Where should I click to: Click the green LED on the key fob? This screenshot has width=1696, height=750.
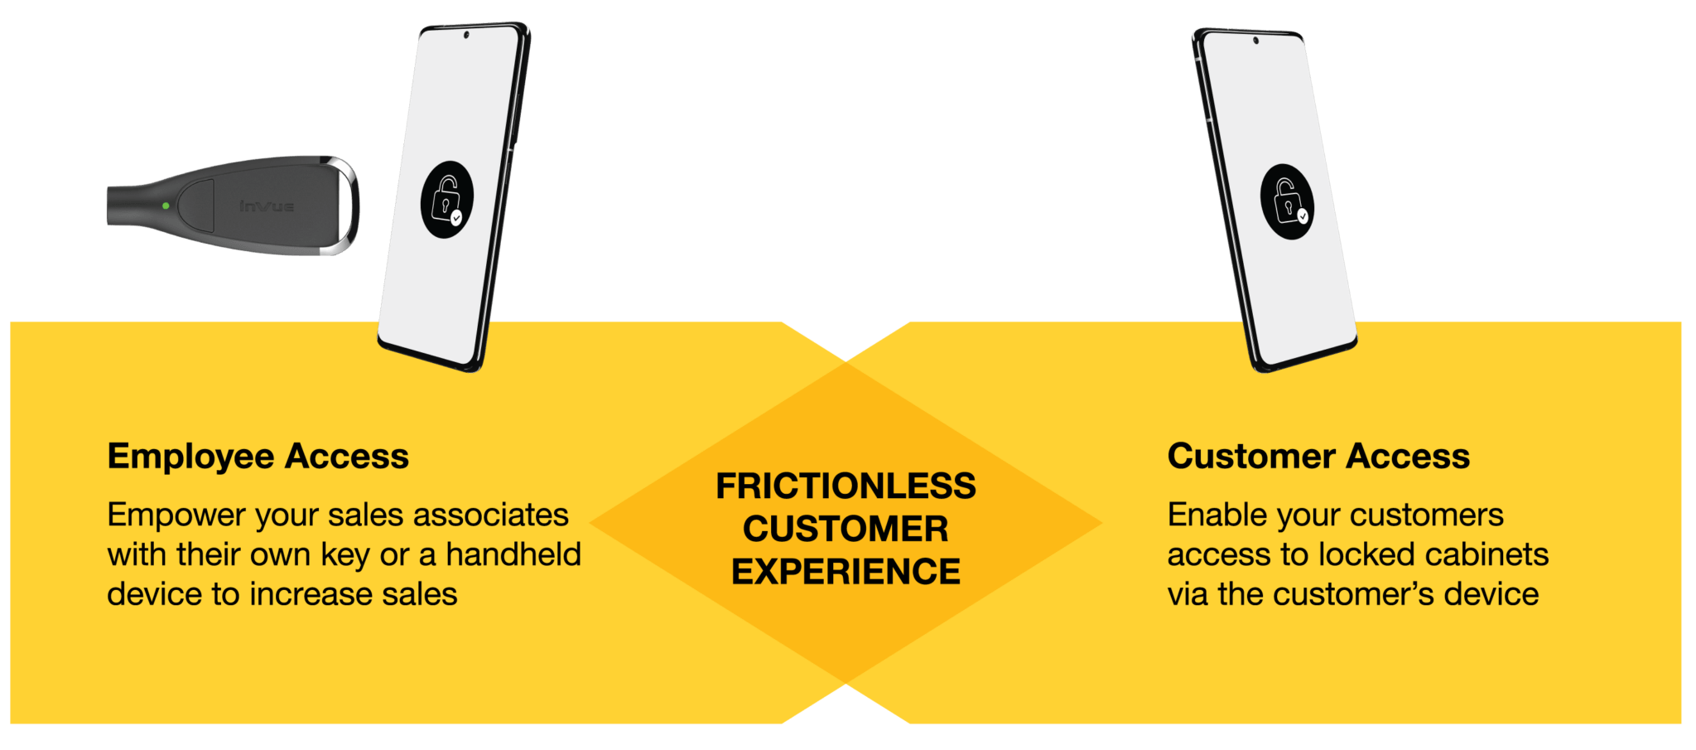[x=166, y=206]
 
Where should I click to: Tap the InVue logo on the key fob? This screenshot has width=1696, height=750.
[x=267, y=206]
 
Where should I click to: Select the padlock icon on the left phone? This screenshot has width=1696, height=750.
[x=447, y=200]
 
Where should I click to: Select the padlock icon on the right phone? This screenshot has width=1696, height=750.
[x=1287, y=201]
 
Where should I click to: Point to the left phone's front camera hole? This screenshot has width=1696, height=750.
[x=466, y=35]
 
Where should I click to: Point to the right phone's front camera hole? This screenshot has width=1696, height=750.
[x=1256, y=40]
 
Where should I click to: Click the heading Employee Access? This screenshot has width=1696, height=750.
[x=258, y=456]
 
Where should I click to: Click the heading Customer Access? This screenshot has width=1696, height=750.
[x=1318, y=456]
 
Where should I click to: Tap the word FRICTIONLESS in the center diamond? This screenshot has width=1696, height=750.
[x=846, y=486]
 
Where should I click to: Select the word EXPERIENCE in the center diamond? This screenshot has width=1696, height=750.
[x=846, y=572]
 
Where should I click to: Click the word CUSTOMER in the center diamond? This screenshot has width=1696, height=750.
[x=846, y=530]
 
